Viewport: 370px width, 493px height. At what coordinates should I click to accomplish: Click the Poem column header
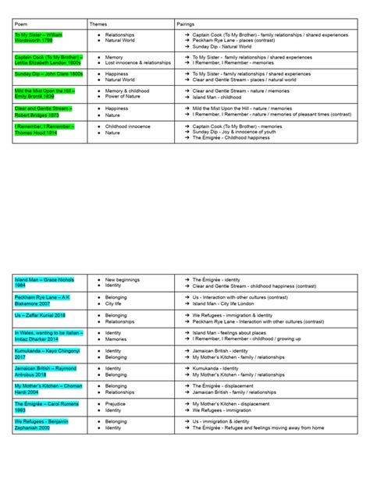point(21,24)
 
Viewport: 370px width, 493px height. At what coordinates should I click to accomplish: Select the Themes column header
point(100,24)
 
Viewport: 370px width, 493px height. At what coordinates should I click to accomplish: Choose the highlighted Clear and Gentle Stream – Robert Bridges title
point(44,112)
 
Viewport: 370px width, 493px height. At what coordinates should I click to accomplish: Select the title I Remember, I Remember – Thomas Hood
point(44,129)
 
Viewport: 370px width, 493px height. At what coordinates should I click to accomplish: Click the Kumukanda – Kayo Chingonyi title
point(44,353)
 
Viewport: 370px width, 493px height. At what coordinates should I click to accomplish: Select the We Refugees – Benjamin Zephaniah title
point(44,424)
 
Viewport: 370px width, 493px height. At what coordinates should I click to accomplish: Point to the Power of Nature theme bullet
point(125,97)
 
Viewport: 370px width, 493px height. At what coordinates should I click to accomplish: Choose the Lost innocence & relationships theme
point(137,62)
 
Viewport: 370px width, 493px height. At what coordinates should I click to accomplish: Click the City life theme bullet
point(117,303)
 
